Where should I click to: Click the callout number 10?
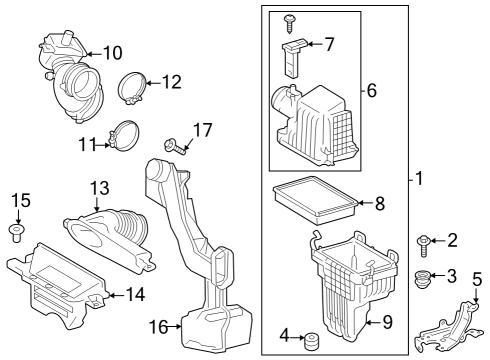(x=113, y=53)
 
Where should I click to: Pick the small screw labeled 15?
(x=15, y=233)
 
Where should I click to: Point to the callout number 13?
(x=100, y=188)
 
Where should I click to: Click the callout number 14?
(x=136, y=294)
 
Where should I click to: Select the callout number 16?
(x=158, y=327)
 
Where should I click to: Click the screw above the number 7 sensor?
(x=289, y=23)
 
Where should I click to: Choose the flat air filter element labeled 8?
(x=315, y=200)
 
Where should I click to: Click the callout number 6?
(x=372, y=90)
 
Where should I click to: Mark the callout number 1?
(x=419, y=178)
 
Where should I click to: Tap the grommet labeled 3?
(x=422, y=280)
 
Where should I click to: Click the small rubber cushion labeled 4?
(x=312, y=341)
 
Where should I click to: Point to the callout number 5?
(x=477, y=279)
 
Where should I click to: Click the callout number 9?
(x=387, y=322)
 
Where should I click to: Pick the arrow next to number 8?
(x=365, y=202)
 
